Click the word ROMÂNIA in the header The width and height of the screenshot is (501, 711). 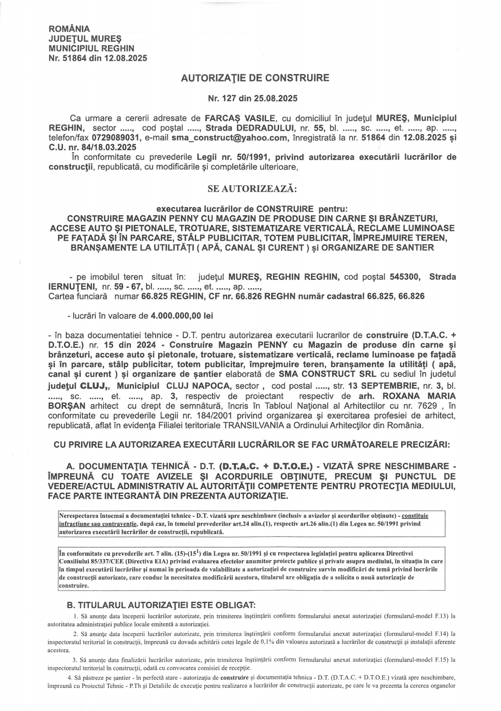[x=69, y=29]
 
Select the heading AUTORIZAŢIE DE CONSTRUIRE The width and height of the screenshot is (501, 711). [x=255, y=78]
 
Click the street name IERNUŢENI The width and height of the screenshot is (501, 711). [x=73, y=287]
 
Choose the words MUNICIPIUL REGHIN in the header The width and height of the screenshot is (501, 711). [x=91, y=49]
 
